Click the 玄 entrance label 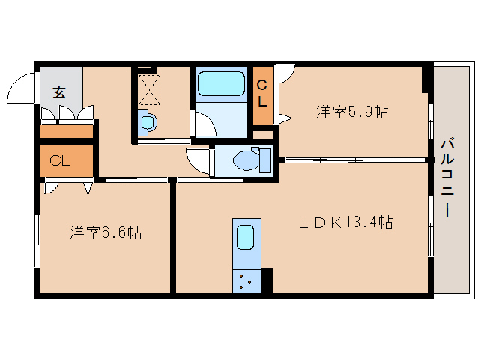[59, 92]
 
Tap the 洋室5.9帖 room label [352, 112]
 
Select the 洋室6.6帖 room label [106, 232]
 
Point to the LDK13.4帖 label [345, 222]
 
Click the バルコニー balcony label [447, 178]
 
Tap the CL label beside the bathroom [262, 94]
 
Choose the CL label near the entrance [60, 160]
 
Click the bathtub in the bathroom [221, 84]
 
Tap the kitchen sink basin [246, 237]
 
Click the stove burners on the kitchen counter [246, 281]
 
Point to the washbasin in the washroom [148, 123]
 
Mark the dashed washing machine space [149, 90]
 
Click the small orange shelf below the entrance [67, 131]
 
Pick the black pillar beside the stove [267, 280]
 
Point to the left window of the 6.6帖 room [37, 241]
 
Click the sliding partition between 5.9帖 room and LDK [355, 160]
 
